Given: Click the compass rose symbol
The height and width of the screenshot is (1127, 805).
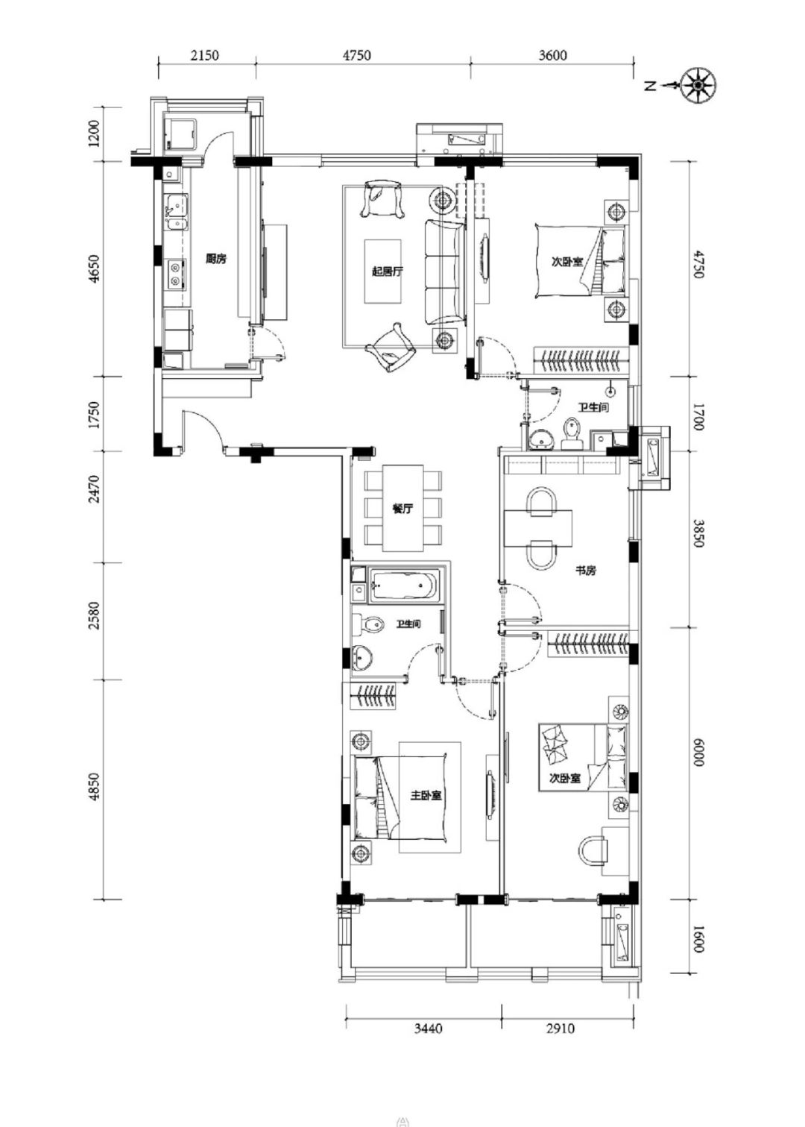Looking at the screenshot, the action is pyautogui.click(x=698, y=86).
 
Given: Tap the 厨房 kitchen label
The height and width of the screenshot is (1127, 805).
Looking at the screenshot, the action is pyautogui.click(x=215, y=259).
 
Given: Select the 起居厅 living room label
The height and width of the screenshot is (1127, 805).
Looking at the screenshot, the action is pyautogui.click(x=387, y=271).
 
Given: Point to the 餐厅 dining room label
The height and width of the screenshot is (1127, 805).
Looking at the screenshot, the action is pyautogui.click(x=402, y=509).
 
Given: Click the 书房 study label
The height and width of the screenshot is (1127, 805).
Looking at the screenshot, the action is pyautogui.click(x=586, y=571).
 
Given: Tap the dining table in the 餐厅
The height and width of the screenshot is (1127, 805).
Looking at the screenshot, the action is pyautogui.click(x=403, y=508).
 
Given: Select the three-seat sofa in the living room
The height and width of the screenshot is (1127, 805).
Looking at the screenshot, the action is pyautogui.click(x=444, y=271).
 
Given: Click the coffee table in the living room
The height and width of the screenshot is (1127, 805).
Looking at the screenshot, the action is pyautogui.click(x=382, y=271).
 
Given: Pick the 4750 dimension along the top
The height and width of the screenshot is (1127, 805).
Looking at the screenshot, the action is pyautogui.click(x=357, y=54).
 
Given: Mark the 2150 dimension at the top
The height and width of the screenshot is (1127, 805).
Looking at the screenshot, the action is pyautogui.click(x=205, y=54).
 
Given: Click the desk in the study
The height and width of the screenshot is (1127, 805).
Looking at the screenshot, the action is pyautogui.click(x=538, y=528).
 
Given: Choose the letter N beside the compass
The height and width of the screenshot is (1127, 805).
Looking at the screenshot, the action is pyautogui.click(x=651, y=87).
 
